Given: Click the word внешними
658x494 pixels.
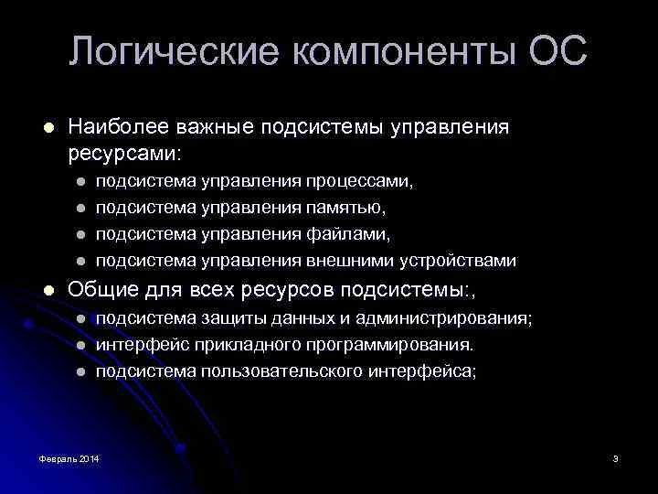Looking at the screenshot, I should [357, 261].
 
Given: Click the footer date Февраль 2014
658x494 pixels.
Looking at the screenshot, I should [70, 457].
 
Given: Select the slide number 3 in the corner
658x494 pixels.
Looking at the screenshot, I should [616, 457].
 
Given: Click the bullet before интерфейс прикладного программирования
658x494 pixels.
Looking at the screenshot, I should [80, 346].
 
